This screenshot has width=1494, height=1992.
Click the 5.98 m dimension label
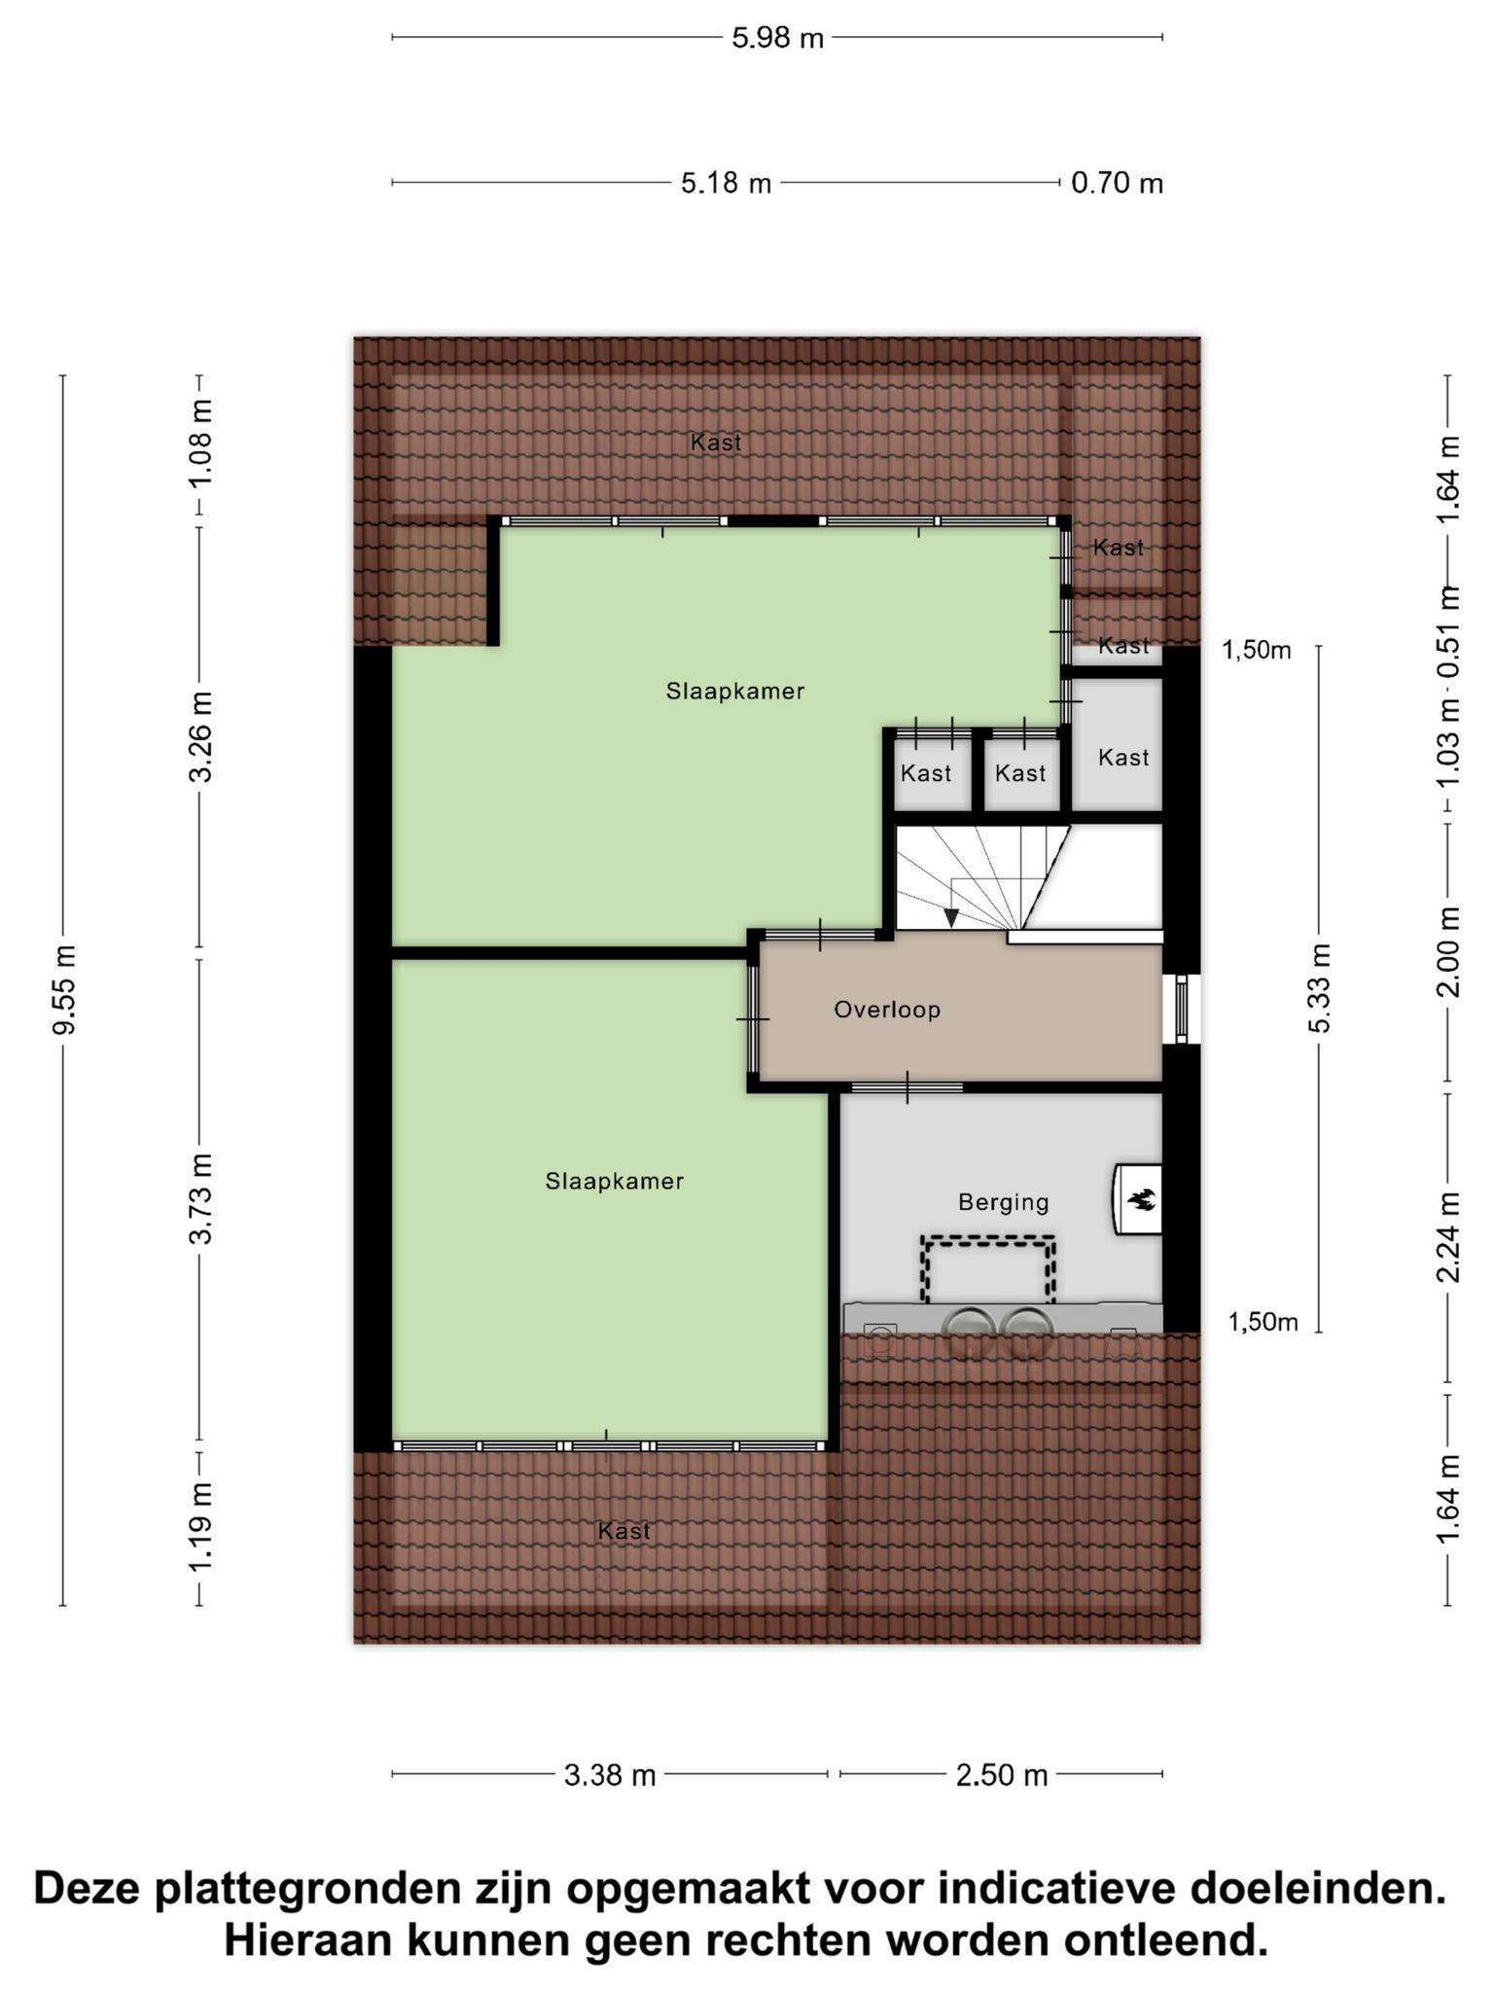(x=777, y=38)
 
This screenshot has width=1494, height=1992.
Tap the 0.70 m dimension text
(x=1117, y=183)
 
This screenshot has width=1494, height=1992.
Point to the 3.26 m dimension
(x=200, y=737)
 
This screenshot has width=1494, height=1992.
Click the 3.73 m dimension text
(x=200, y=1198)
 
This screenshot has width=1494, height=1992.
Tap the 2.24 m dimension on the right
(x=1448, y=1237)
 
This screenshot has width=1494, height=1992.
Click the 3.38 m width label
(x=610, y=1775)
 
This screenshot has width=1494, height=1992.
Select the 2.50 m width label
(x=1002, y=1775)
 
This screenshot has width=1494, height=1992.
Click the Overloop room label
(x=887, y=1010)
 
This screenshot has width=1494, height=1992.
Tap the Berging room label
(x=1004, y=1203)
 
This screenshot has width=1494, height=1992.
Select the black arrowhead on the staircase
(x=951, y=917)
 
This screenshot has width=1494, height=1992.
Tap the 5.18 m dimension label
(x=726, y=183)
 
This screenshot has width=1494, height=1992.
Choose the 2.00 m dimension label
(x=1448, y=951)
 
